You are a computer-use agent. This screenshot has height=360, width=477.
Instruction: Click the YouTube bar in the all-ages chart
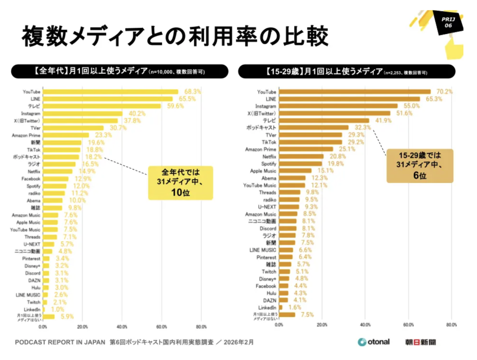tap(111, 92)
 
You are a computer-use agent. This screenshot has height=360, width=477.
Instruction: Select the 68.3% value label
tap(191, 92)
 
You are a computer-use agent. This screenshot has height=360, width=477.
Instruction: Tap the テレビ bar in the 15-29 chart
tap(324, 120)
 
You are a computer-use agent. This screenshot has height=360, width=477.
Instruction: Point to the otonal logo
tap(373, 342)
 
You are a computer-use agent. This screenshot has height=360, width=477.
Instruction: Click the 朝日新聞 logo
tap(421, 342)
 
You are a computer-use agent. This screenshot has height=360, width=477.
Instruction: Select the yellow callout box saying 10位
tap(181, 183)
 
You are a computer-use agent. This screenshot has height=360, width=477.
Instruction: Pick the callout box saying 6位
tap(420, 165)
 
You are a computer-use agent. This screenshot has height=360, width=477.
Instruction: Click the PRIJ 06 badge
tap(449, 22)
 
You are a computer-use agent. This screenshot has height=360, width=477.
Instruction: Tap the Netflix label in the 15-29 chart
tap(269, 157)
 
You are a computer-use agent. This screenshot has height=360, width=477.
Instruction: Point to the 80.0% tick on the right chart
tap(451, 325)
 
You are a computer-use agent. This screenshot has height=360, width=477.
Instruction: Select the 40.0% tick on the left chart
tap(122, 327)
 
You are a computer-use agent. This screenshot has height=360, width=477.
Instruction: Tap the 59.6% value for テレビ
tap(172, 106)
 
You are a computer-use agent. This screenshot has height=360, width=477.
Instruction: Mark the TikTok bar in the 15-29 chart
tap(310, 142)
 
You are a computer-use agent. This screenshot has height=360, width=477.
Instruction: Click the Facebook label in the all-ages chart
tap(31, 179)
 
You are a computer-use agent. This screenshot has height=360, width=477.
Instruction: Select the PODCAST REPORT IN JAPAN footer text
tap(60, 342)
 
